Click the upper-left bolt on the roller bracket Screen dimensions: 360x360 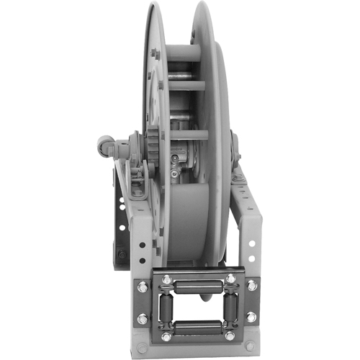coord(143,287)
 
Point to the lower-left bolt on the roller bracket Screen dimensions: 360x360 coord(143,318)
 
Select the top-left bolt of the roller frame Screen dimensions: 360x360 coord(167,279)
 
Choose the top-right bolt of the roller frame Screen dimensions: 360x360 coord(230,279)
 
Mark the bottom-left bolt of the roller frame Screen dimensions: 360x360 coord(167,336)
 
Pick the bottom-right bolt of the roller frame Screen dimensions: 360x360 coord(230,336)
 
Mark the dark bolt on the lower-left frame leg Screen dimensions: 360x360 coord(122,253)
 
